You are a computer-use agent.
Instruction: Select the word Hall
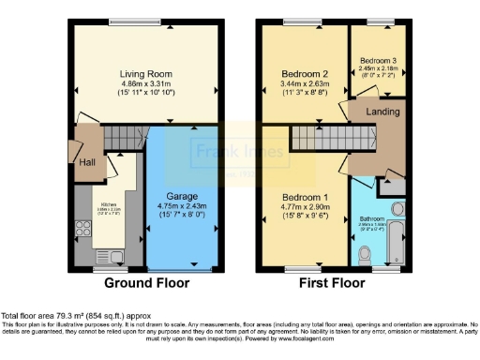pyautogui.click(x=87, y=162)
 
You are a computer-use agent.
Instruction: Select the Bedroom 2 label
pyautogui.click(x=303, y=72)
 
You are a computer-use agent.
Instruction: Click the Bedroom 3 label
pyautogui.click(x=378, y=60)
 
